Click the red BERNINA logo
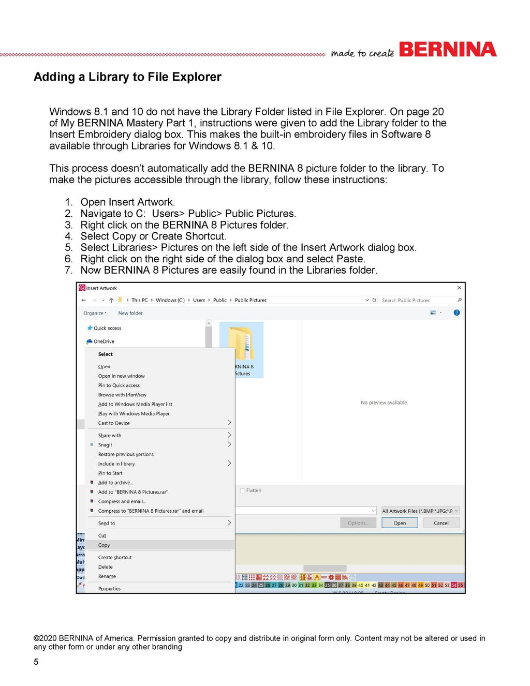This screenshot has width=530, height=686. click(x=447, y=50)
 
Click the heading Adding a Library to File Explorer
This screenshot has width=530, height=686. click(x=127, y=77)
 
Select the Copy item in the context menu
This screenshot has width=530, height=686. click(x=104, y=545)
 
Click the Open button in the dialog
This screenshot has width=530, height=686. click(x=400, y=523)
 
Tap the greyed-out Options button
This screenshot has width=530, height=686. click(x=358, y=523)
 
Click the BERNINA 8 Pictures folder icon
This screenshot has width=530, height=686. click(x=242, y=344)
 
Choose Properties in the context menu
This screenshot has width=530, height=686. click(x=109, y=589)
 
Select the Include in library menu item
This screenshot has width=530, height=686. click(x=116, y=464)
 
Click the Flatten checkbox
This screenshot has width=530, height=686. click(x=243, y=490)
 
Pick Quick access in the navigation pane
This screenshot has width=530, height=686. click(x=107, y=328)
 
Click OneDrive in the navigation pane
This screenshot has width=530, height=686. click(x=104, y=341)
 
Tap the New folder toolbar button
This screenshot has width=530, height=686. click(x=130, y=313)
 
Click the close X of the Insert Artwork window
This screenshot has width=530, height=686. click(x=459, y=288)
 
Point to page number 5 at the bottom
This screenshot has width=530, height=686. click(x=36, y=662)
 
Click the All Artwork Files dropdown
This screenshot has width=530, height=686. click(x=420, y=511)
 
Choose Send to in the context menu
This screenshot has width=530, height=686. click(x=107, y=524)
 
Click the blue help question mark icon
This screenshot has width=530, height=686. click(x=457, y=312)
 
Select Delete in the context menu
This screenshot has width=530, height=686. click(x=105, y=567)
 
